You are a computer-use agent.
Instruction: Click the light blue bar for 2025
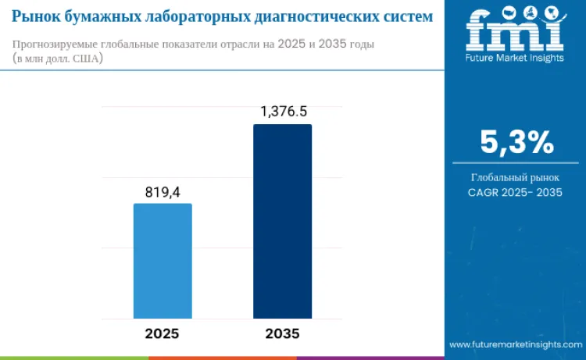[x=163, y=261]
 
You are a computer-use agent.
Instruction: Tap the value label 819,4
[x=163, y=191]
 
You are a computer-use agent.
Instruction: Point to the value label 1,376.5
[x=282, y=112]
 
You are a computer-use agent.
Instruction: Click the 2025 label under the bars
[x=162, y=333]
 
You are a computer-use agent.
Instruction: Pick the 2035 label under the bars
[x=282, y=333]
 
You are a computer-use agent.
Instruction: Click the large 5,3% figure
[x=516, y=142]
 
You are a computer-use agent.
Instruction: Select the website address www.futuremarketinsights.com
[x=515, y=344]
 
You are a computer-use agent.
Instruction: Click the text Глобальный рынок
[x=515, y=176]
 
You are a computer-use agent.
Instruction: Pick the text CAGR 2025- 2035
[x=515, y=191]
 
